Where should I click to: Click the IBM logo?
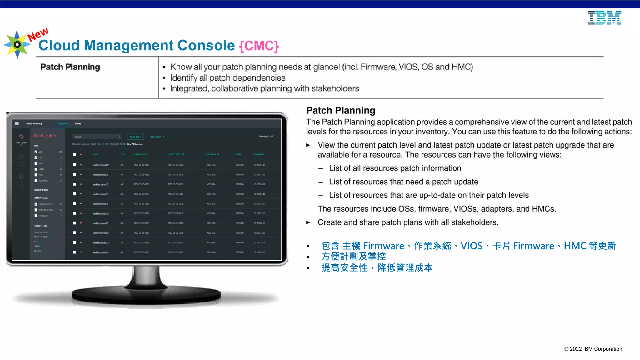click(x=604, y=18)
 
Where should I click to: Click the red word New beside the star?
click(x=38, y=34)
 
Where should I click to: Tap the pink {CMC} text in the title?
click(x=259, y=46)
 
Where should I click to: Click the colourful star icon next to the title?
click(x=17, y=44)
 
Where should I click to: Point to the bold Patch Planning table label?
click(x=70, y=67)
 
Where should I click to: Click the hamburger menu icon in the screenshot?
click(x=17, y=123)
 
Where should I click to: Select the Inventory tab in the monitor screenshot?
click(x=62, y=123)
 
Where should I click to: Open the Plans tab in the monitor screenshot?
click(x=78, y=123)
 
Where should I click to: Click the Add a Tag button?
click(x=135, y=137)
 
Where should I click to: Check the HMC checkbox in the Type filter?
click(x=36, y=163)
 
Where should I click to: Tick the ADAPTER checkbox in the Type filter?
click(x=36, y=181)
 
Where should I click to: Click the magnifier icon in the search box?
click(x=119, y=137)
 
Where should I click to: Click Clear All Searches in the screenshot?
click(x=135, y=144)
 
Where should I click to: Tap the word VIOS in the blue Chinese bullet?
click(x=472, y=246)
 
